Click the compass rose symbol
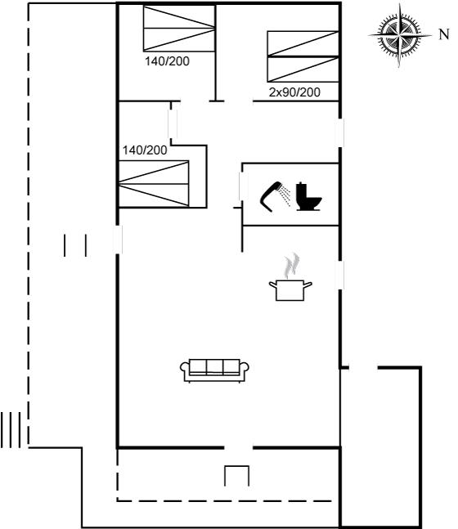click(400, 35)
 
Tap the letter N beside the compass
click(444, 34)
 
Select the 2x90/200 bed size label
click(294, 92)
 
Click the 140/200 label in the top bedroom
click(167, 61)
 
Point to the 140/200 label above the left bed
click(145, 150)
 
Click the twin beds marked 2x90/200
click(303, 56)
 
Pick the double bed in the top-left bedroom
click(179, 29)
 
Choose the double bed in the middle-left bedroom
click(154, 183)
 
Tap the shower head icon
click(275, 196)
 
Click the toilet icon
click(308, 197)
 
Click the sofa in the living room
click(214, 370)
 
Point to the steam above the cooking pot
click(291, 266)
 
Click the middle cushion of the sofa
click(214, 367)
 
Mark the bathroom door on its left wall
click(241, 186)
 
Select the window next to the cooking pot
click(340, 275)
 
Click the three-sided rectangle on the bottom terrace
click(237, 476)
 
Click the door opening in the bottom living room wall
click(238, 448)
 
